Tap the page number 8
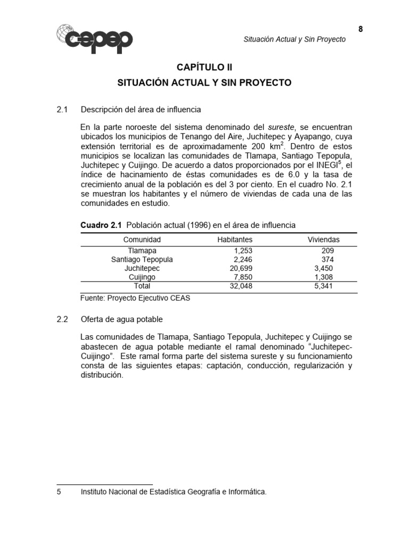[361, 29]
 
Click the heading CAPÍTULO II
[204, 68]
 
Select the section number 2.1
[63, 110]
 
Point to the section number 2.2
[63, 319]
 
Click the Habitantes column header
[235, 240]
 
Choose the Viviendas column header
[323, 240]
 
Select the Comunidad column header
[142, 240]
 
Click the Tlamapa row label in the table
[142, 250]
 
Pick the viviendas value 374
[328, 259]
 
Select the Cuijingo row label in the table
[142, 277]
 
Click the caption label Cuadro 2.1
[101, 225]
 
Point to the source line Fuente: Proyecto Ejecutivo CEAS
[135, 298]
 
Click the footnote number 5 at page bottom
[59, 492]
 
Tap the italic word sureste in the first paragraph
[281, 128]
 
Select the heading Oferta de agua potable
[121, 319]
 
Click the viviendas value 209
[328, 250]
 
